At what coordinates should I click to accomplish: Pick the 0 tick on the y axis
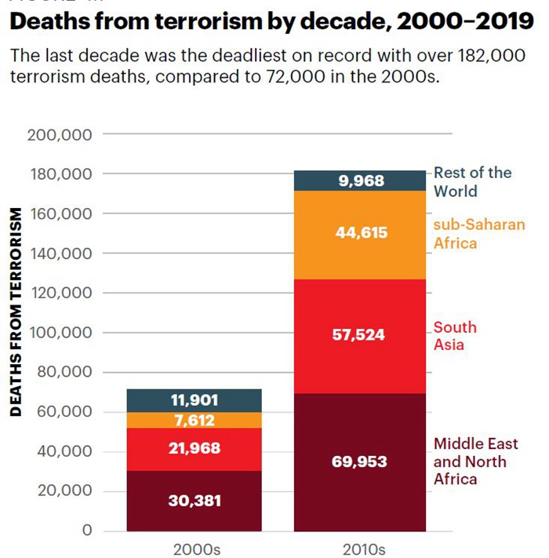point(88,531)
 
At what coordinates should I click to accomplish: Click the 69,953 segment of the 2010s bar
point(360,461)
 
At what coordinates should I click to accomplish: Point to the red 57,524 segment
point(360,335)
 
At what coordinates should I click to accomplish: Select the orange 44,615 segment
point(360,233)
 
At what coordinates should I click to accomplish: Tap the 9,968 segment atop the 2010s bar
point(360,181)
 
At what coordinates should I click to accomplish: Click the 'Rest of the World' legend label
point(472,181)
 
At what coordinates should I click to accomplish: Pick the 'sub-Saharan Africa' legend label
point(478,233)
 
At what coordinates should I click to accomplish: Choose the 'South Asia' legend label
point(455,336)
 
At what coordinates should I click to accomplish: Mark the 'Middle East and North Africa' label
point(470,461)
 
